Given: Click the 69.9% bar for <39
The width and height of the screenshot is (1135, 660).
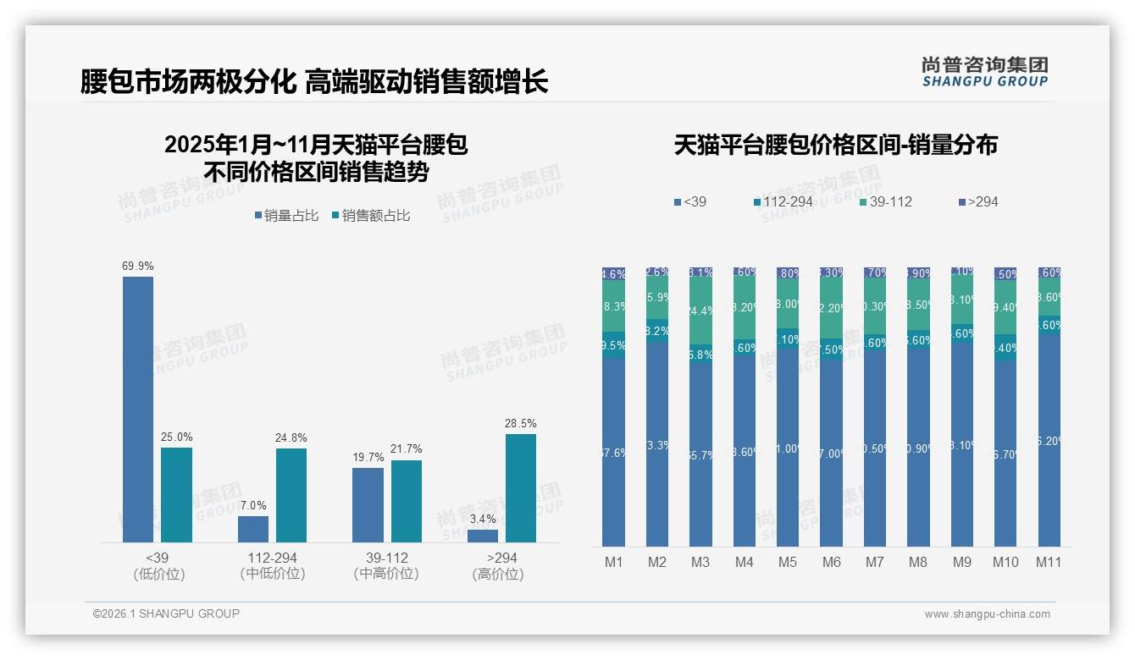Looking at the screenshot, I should tap(138, 409).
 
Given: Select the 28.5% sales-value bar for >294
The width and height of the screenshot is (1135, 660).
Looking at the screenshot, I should tap(521, 487).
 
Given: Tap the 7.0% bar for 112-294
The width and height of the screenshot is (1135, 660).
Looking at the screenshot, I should tap(253, 529).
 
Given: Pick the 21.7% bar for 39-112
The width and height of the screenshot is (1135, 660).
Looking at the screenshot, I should tap(407, 501).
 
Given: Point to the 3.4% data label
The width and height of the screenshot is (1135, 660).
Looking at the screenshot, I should tap(483, 519).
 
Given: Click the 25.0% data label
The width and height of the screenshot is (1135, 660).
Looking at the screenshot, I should tap(177, 437).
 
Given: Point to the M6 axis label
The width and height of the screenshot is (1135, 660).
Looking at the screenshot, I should tap(832, 562).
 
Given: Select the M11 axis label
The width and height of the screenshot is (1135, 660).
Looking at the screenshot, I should tap(1049, 562).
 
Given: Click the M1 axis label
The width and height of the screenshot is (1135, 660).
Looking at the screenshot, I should tap(613, 562).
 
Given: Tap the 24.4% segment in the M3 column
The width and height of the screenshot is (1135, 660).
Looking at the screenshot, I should tap(700, 311).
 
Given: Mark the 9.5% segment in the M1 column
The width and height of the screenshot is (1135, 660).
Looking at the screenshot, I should tap(613, 345).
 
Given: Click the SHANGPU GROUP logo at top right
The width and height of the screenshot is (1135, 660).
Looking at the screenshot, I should tap(984, 72).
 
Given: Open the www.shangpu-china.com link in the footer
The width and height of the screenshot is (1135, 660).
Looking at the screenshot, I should tap(987, 614).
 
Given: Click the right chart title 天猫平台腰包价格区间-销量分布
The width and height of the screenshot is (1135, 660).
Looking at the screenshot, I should tap(835, 145).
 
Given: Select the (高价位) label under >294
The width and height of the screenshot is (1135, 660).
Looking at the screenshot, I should tap(497, 574).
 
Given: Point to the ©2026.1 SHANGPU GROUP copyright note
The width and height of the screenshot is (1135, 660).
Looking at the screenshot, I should tap(166, 613).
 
